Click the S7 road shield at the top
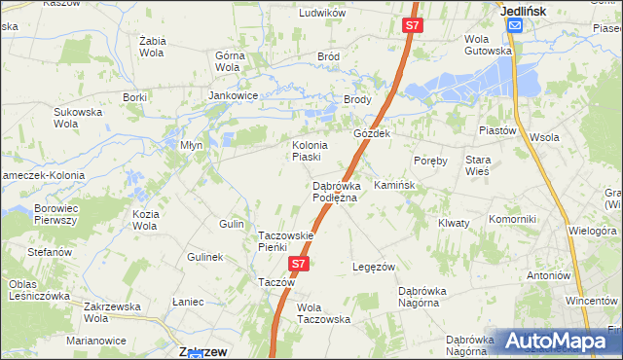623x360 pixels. tap(413, 26)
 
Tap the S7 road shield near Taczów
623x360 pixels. tap(300, 264)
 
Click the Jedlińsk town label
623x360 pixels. tap(523, 10)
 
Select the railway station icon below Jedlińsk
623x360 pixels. tap(515, 26)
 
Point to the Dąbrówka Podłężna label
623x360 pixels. tap(336, 192)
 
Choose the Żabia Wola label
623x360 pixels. tap(154, 46)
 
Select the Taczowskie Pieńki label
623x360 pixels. tap(285, 241)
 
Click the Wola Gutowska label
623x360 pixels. tap(488, 45)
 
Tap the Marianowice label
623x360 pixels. tap(96, 341)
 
